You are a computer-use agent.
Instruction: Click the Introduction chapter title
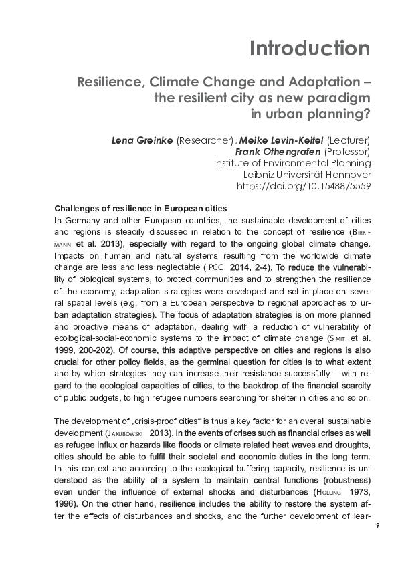(309, 48)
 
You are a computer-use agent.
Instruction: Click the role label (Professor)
(347, 151)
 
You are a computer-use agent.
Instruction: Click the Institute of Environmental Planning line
(292, 162)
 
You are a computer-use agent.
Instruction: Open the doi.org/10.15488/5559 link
(304, 185)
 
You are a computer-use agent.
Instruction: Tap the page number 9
(378, 525)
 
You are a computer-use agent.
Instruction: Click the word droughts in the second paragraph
(351, 445)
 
